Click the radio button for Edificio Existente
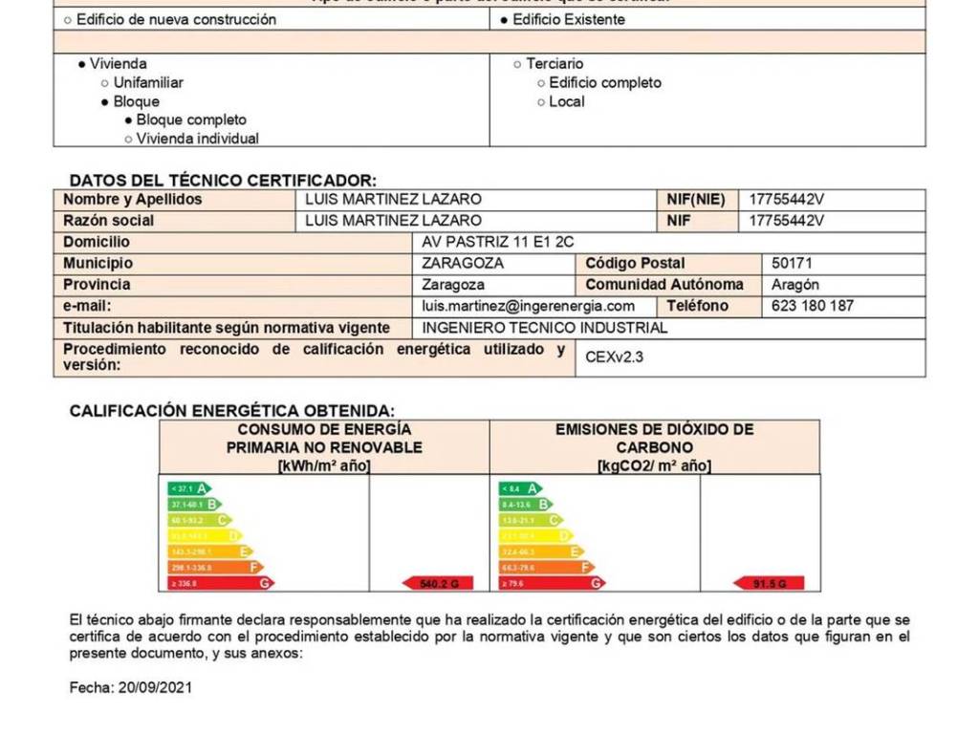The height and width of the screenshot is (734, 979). pos(505,20)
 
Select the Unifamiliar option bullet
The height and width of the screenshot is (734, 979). pos(105,83)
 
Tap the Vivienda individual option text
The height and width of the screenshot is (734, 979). pos(197,139)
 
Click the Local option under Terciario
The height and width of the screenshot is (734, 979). pos(566,101)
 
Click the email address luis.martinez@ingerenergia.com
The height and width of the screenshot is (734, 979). pos(528,306)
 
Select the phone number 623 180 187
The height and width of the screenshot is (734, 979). pos(812,306)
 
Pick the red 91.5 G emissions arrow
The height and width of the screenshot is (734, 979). pos(769,582)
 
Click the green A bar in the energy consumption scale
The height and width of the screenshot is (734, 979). pos(190,487)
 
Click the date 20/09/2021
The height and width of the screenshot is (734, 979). pos(153,687)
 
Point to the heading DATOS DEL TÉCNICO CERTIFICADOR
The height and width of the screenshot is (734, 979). pos(223,180)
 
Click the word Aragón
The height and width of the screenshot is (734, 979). pos(794,285)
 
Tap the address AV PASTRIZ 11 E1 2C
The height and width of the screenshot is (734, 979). pos(497,242)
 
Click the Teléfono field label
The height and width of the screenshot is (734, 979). pos(697,306)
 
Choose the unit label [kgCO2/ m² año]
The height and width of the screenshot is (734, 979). pos(654,465)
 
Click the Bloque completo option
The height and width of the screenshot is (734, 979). pos(190,119)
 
